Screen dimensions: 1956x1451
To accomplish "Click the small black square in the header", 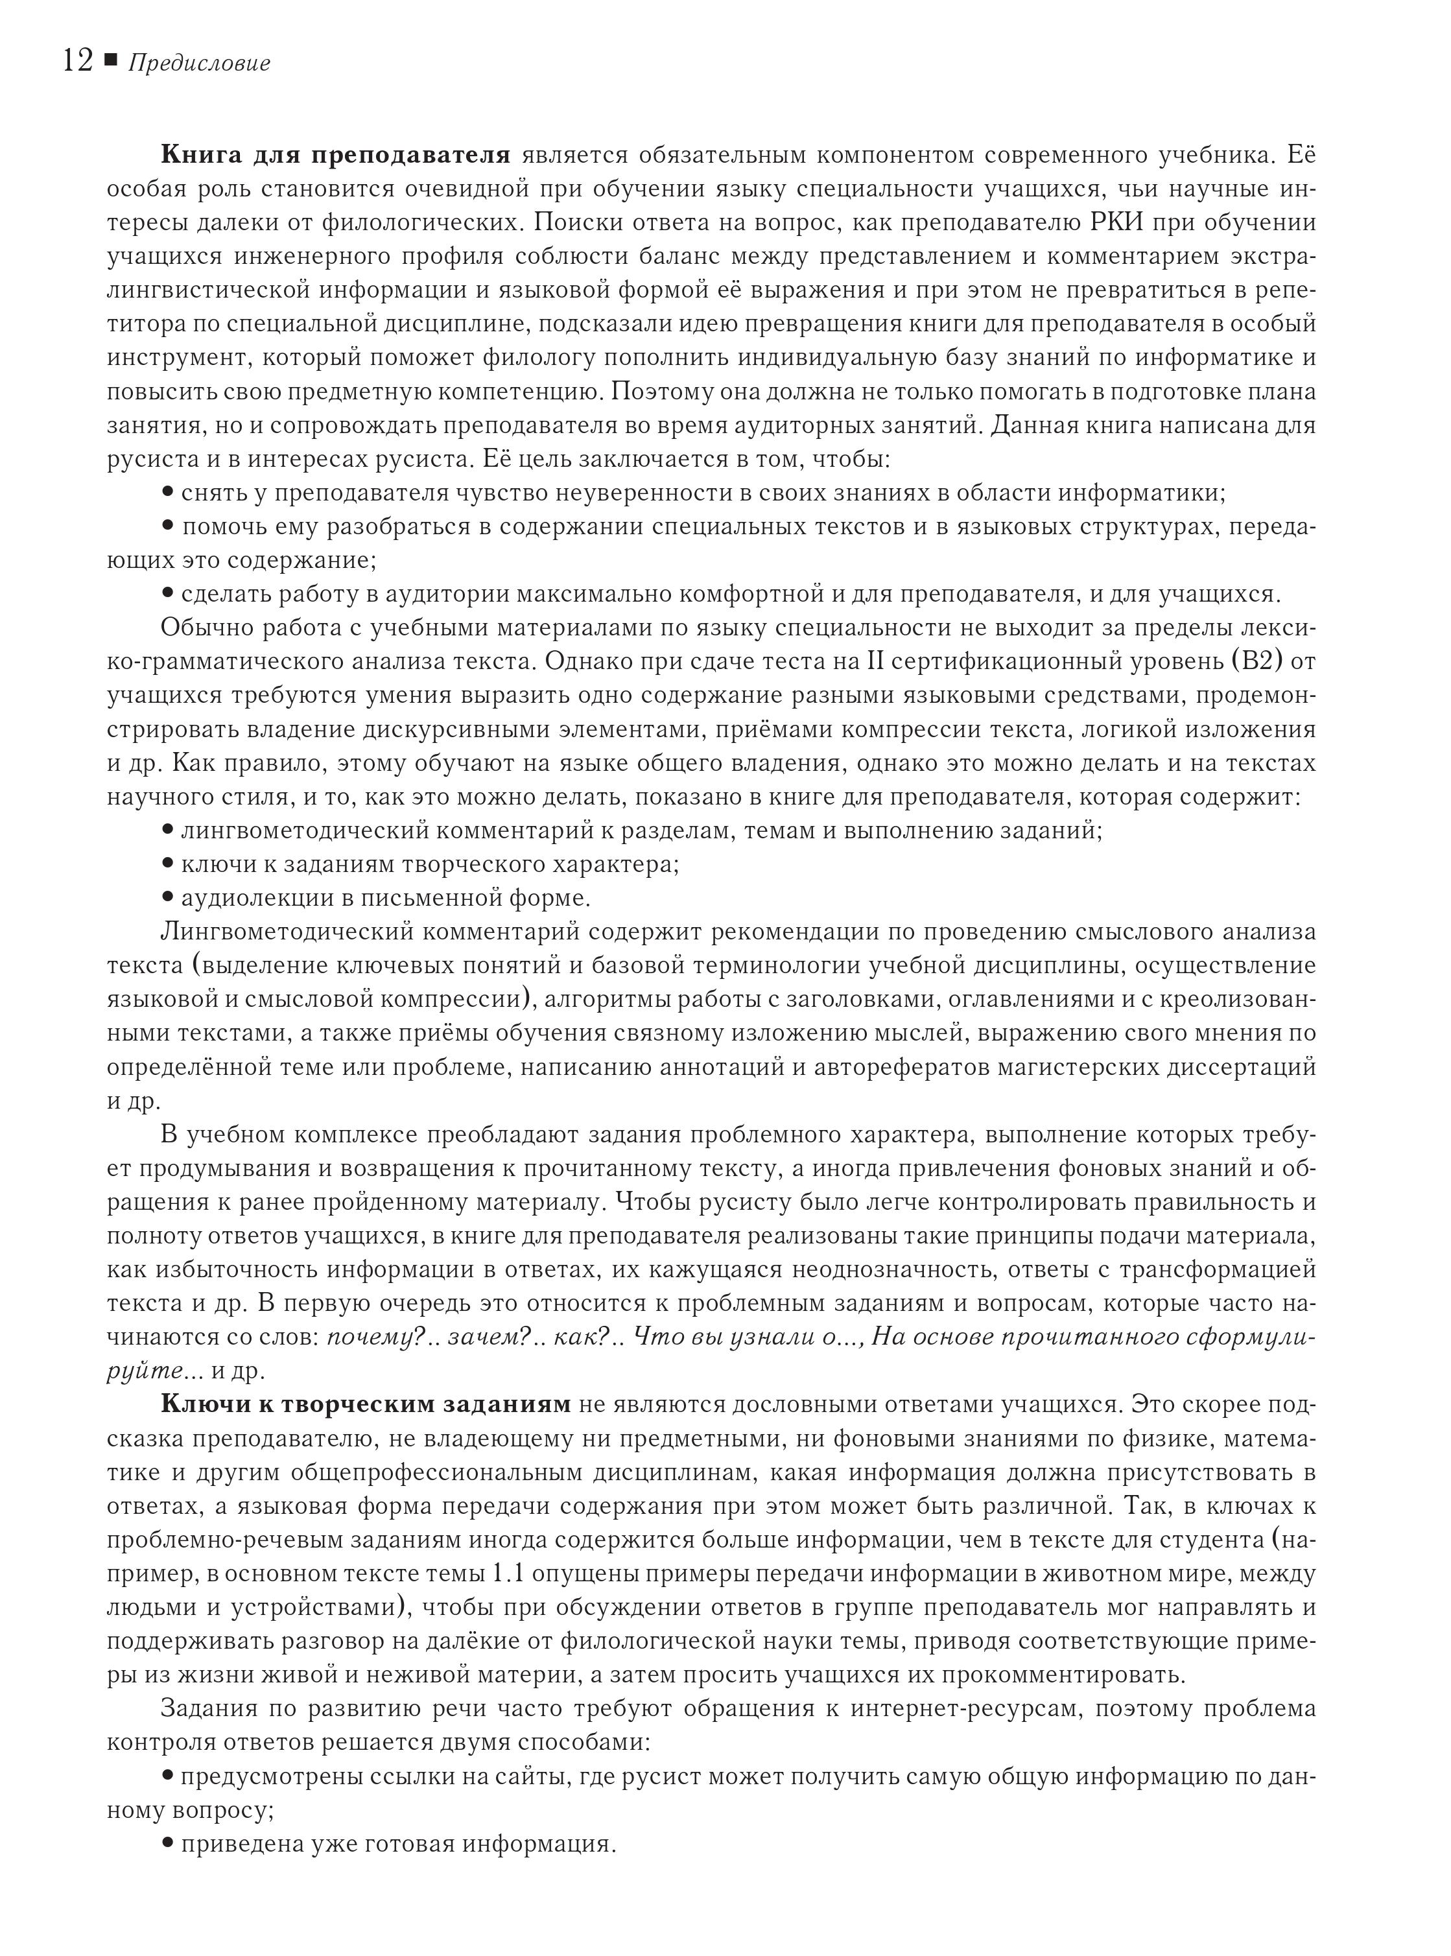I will (x=111, y=60).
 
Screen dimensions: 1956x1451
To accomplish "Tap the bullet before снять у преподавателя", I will (x=168, y=492).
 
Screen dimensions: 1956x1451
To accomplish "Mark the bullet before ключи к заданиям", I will (x=168, y=864).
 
